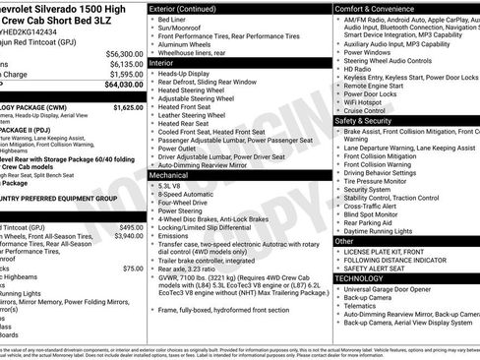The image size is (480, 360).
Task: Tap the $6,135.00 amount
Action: click(125, 64)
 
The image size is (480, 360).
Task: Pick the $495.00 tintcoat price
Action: click(131, 227)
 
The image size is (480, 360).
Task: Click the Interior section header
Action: click(161, 62)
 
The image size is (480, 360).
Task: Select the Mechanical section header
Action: click(169, 175)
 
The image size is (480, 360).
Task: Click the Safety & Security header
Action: click(367, 120)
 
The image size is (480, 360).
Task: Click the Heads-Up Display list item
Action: click(183, 73)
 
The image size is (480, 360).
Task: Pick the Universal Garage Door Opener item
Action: click(397, 289)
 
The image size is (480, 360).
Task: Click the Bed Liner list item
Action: click(172, 19)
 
